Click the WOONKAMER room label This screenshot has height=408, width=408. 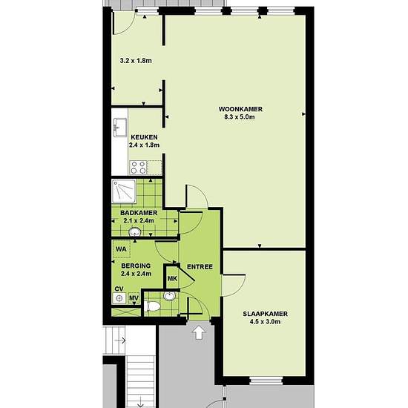tap(240, 109)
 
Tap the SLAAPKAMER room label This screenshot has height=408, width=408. tap(265, 314)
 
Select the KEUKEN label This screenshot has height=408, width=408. tap(144, 137)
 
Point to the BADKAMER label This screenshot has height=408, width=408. tap(139, 213)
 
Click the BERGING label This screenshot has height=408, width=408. tap(136, 266)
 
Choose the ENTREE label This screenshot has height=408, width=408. tap(200, 267)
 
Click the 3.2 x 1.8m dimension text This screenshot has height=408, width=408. tap(136, 61)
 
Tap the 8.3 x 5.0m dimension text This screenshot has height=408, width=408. tap(240, 116)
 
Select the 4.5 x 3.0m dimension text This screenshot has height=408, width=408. tap(265, 322)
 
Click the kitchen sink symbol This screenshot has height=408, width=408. tap(120, 128)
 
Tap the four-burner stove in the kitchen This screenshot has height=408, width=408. tap(138, 168)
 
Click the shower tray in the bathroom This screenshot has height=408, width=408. tap(124, 191)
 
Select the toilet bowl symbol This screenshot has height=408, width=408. tap(151, 306)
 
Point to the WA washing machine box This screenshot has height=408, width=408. tap(122, 249)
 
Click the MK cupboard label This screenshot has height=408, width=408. tap(172, 279)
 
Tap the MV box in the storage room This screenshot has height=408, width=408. tap(134, 298)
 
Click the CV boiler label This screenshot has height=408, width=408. tap(119, 289)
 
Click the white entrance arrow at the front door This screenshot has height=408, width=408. tap(199, 332)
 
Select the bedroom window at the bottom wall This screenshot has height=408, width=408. tap(266, 381)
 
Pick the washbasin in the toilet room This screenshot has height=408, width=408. tap(170, 296)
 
